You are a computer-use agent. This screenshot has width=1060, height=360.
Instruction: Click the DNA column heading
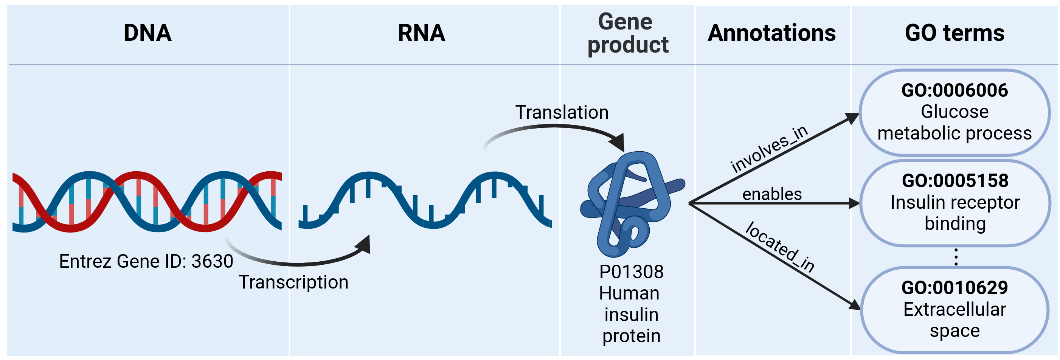(x=147, y=33)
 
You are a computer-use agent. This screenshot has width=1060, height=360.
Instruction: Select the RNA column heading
(x=421, y=33)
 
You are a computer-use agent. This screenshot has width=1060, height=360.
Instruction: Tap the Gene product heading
(x=627, y=33)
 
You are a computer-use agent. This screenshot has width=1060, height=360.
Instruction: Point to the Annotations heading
(x=771, y=33)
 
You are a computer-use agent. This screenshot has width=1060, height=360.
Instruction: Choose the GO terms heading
(x=954, y=33)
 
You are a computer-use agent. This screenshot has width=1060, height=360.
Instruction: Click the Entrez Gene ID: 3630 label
(x=146, y=261)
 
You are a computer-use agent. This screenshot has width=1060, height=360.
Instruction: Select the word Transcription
(x=293, y=282)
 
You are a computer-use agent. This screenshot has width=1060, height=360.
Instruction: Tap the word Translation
(x=562, y=112)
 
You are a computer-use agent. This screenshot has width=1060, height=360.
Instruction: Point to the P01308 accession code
(x=631, y=272)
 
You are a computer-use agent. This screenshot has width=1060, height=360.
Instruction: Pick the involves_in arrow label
(x=769, y=149)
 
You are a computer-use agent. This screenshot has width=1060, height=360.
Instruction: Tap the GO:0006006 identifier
(x=954, y=90)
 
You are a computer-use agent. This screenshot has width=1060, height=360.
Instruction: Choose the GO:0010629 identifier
(x=954, y=288)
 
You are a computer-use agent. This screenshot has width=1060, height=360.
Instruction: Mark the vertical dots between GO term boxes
(x=956, y=257)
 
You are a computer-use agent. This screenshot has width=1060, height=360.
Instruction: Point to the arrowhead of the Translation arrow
(x=618, y=142)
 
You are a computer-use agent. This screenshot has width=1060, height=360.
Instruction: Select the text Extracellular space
(x=954, y=320)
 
